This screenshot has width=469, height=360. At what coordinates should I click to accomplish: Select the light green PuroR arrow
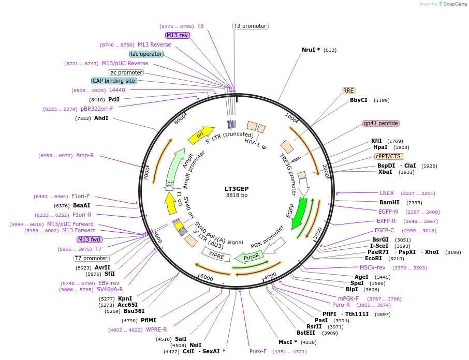250,257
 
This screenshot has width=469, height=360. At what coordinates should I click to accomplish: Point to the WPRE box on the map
216,254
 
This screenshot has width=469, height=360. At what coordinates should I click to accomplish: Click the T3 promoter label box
250,26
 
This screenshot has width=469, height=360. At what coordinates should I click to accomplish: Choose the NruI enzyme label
311,50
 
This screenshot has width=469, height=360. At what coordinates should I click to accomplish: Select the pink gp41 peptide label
381,123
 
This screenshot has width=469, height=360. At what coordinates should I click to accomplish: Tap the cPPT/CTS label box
389,156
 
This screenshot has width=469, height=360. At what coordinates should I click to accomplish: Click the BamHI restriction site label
389,203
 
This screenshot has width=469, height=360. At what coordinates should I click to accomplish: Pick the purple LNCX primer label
387,193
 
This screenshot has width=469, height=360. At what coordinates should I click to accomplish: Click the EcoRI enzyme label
373,258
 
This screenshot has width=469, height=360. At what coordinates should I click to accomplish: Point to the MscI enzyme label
288,342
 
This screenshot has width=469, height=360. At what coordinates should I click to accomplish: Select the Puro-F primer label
258,351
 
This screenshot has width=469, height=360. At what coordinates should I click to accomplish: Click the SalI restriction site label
181,339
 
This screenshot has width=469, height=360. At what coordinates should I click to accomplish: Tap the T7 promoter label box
91,258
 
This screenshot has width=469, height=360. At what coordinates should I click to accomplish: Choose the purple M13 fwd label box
89,239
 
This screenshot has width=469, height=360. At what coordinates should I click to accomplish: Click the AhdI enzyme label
101,118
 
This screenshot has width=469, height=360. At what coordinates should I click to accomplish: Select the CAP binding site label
114,81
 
